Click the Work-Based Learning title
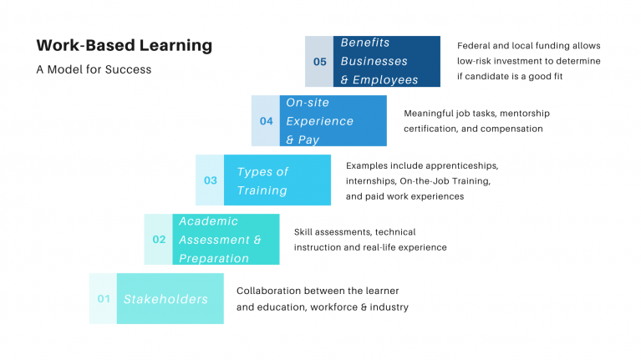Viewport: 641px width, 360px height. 125,45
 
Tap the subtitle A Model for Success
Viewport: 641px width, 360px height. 94,69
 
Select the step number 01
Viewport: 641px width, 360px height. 104,298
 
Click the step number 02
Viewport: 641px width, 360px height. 159,240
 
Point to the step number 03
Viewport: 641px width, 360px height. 211,180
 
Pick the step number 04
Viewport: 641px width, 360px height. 266,120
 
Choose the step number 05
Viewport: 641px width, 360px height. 320,62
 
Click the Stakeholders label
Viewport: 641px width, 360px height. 165,299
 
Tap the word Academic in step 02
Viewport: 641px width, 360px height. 208,221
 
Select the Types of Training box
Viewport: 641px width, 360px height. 277,180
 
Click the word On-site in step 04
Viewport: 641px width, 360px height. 308,103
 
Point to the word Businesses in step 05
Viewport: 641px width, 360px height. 374,61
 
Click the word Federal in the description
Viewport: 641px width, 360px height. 475,46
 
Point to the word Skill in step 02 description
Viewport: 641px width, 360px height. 304,232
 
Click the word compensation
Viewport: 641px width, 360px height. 513,129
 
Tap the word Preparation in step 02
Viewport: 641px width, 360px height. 214,258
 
